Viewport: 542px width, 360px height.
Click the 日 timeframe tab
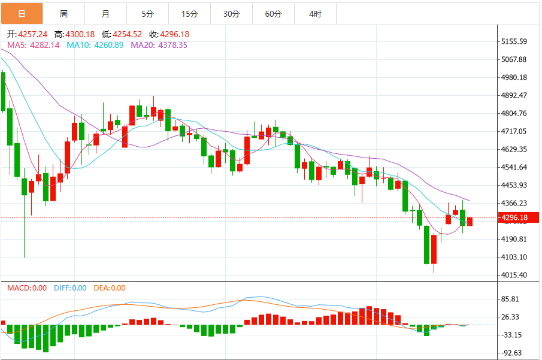point(22,14)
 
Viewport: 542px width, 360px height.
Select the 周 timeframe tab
point(63,14)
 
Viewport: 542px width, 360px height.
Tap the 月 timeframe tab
point(105,14)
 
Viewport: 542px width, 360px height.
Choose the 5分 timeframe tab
point(147,14)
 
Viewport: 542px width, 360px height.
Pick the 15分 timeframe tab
point(190,14)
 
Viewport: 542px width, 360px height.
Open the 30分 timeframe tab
point(232,14)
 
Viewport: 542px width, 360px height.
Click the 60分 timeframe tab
point(274,14)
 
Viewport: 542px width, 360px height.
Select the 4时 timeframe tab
point(315,14)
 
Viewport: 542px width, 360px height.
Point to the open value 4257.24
point(33,34)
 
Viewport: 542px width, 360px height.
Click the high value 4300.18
point(80,34)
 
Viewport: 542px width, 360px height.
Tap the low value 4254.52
point(128,34)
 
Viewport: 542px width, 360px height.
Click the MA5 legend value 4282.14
point(45,45)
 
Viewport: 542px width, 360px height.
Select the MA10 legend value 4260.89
point(109,45)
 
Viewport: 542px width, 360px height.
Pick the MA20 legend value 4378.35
point(173,45)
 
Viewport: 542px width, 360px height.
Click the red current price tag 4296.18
point(518,217)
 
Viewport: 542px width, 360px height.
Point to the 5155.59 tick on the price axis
point(514,41)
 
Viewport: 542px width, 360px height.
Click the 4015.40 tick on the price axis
point(514,275)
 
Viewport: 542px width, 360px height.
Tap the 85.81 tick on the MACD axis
point(510,299)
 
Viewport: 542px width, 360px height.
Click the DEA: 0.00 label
point(110,288)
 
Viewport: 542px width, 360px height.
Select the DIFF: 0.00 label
point(70,288)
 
